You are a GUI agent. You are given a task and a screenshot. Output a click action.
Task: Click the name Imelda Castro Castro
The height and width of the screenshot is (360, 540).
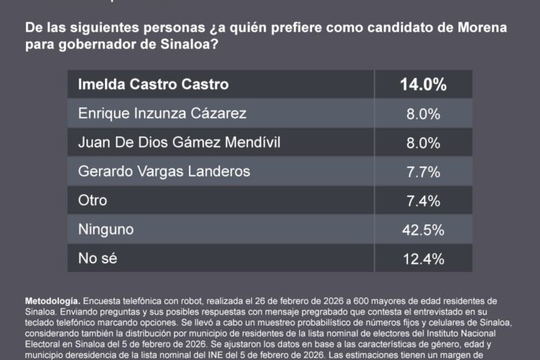[154, 84]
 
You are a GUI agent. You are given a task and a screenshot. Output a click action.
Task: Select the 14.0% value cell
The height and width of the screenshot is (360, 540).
[422, 85]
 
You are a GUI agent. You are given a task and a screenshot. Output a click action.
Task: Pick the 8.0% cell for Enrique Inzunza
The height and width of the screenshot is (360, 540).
[422, 114]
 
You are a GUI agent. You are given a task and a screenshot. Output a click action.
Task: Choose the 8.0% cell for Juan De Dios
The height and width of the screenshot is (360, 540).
[422, 143]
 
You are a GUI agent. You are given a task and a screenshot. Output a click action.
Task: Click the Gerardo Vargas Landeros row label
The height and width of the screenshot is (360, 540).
[163, 172]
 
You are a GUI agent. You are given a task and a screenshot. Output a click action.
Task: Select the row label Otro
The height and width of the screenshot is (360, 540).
[93, 201]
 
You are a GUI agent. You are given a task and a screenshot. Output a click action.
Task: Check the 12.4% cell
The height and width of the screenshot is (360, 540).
[422, 260]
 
